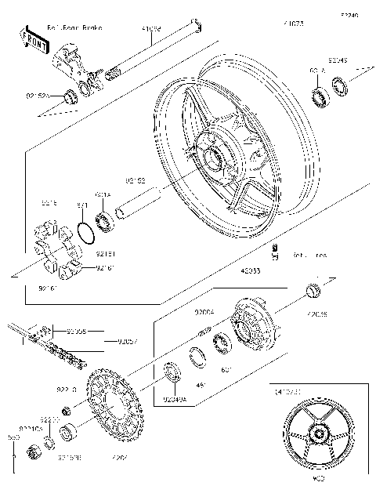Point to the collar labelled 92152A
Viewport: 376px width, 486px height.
click(70, 96)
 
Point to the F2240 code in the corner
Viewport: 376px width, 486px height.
click(349, 15)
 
